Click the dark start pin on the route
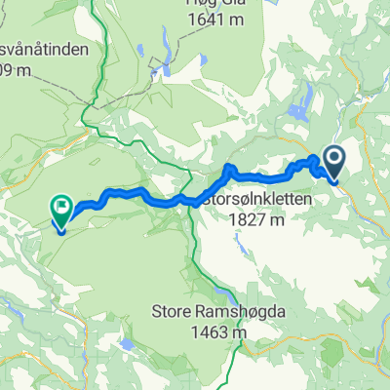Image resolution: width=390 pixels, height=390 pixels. [332, 160]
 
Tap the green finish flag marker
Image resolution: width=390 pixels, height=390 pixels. [60, 208]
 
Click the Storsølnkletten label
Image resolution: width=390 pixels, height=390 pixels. [257, 199]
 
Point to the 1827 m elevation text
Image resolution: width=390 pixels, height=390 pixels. [256, 220]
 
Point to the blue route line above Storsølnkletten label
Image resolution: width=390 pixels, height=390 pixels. [258, 176]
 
